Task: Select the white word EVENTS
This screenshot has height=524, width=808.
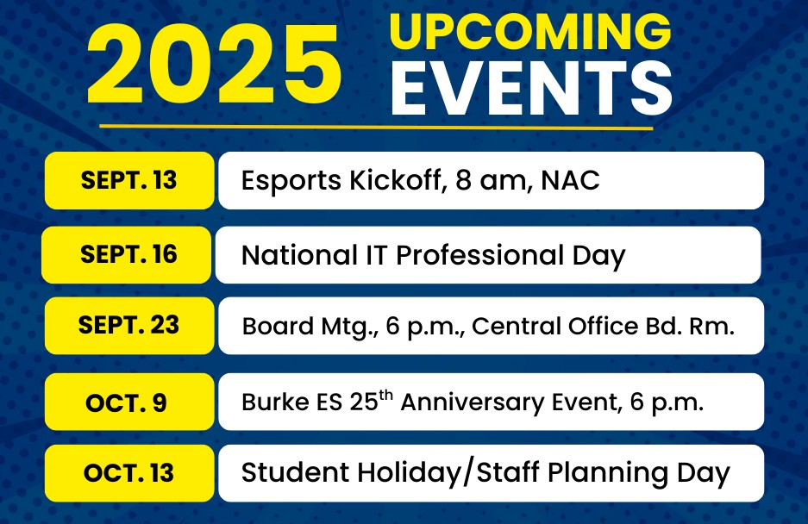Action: pos(531,88)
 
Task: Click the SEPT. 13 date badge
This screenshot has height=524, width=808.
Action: pos(129,180)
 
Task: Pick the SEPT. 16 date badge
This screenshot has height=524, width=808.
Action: pos(126,254)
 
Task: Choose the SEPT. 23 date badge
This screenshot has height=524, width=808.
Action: pos(129,325)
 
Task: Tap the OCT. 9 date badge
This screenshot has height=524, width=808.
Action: pos(129,402)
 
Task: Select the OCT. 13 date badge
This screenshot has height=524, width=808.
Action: pos(129,473)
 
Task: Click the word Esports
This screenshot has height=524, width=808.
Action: pos(291,181)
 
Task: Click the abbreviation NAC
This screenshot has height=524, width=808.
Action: pos(571,180)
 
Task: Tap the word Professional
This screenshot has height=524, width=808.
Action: pos(479,255)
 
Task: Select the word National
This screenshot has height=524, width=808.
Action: pos(299,255)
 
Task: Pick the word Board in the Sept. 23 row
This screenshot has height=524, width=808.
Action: pos(278,326)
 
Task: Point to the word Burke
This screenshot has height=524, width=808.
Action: pos(275,402)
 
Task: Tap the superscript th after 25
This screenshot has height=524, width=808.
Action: pos(386,396)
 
